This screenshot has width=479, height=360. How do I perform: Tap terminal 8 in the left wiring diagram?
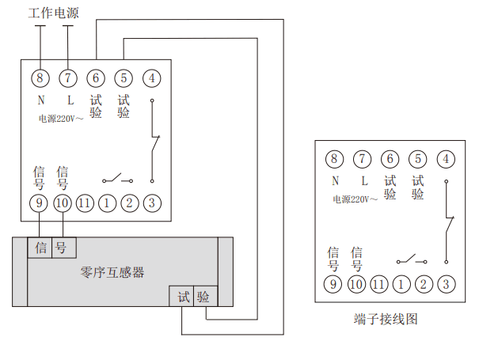click(x=40, y=78)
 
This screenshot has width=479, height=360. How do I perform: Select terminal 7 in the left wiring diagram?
click(x=68, y=78)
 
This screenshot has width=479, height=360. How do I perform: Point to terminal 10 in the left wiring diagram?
click(x=63, y=203)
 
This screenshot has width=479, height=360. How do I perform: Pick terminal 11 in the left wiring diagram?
click(x=86, y=203)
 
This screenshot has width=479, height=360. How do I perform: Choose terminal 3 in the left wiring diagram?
click(x=151, y=203)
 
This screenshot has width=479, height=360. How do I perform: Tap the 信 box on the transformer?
click(x=40, y=247)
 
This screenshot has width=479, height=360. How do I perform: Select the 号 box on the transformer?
click(x=61, y=247)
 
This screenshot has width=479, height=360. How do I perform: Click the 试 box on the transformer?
click(x=183, y=297)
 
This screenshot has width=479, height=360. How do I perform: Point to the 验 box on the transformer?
click(x=203, y=297)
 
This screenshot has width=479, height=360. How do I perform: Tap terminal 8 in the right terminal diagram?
click(x=334, y=158)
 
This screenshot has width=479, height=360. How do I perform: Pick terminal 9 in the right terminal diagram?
click(x=334, y=283)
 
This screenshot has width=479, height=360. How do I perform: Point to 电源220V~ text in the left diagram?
click(x=60, y=119)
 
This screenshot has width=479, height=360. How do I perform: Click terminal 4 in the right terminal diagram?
click(x=447, y=158)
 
